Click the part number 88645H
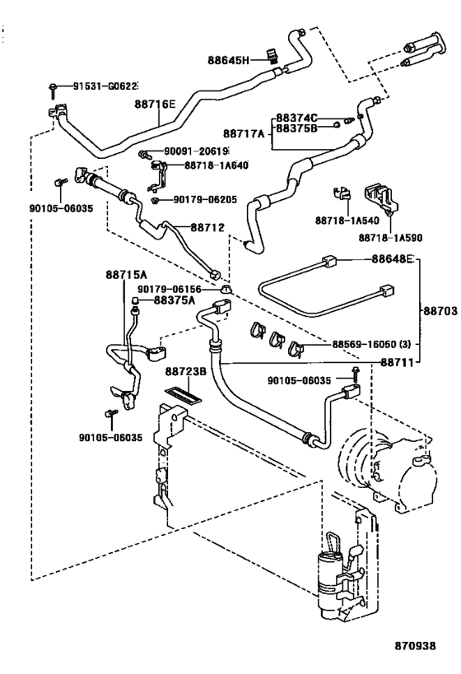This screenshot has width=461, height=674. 228,60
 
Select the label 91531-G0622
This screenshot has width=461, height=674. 105,86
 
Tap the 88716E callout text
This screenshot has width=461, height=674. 155,104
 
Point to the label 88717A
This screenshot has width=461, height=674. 244,133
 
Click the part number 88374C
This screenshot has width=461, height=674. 296,118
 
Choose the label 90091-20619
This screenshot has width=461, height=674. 196,151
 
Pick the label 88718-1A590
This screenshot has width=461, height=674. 390,238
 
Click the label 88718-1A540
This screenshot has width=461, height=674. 347,221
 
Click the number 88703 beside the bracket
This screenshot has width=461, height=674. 440,310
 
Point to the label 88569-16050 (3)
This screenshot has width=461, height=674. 371,344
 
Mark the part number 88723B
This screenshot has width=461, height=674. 186,371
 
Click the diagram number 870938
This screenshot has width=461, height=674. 416,646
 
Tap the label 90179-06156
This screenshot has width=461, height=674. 169,289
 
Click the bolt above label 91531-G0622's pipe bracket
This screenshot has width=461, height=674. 53,90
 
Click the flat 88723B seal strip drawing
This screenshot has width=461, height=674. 183,394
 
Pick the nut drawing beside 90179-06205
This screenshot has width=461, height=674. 156,200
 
